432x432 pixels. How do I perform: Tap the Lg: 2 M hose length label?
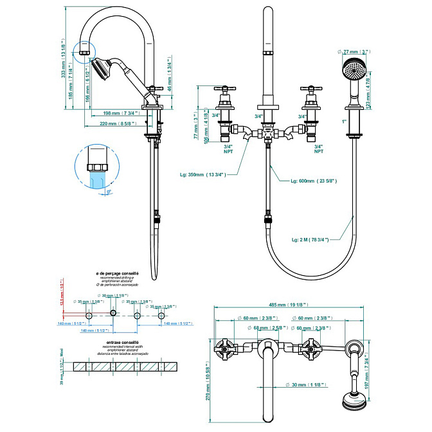[x=310, y=240]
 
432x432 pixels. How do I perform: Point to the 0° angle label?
[x=109, y=191]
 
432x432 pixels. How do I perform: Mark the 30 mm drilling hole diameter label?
[x=111, y=295]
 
